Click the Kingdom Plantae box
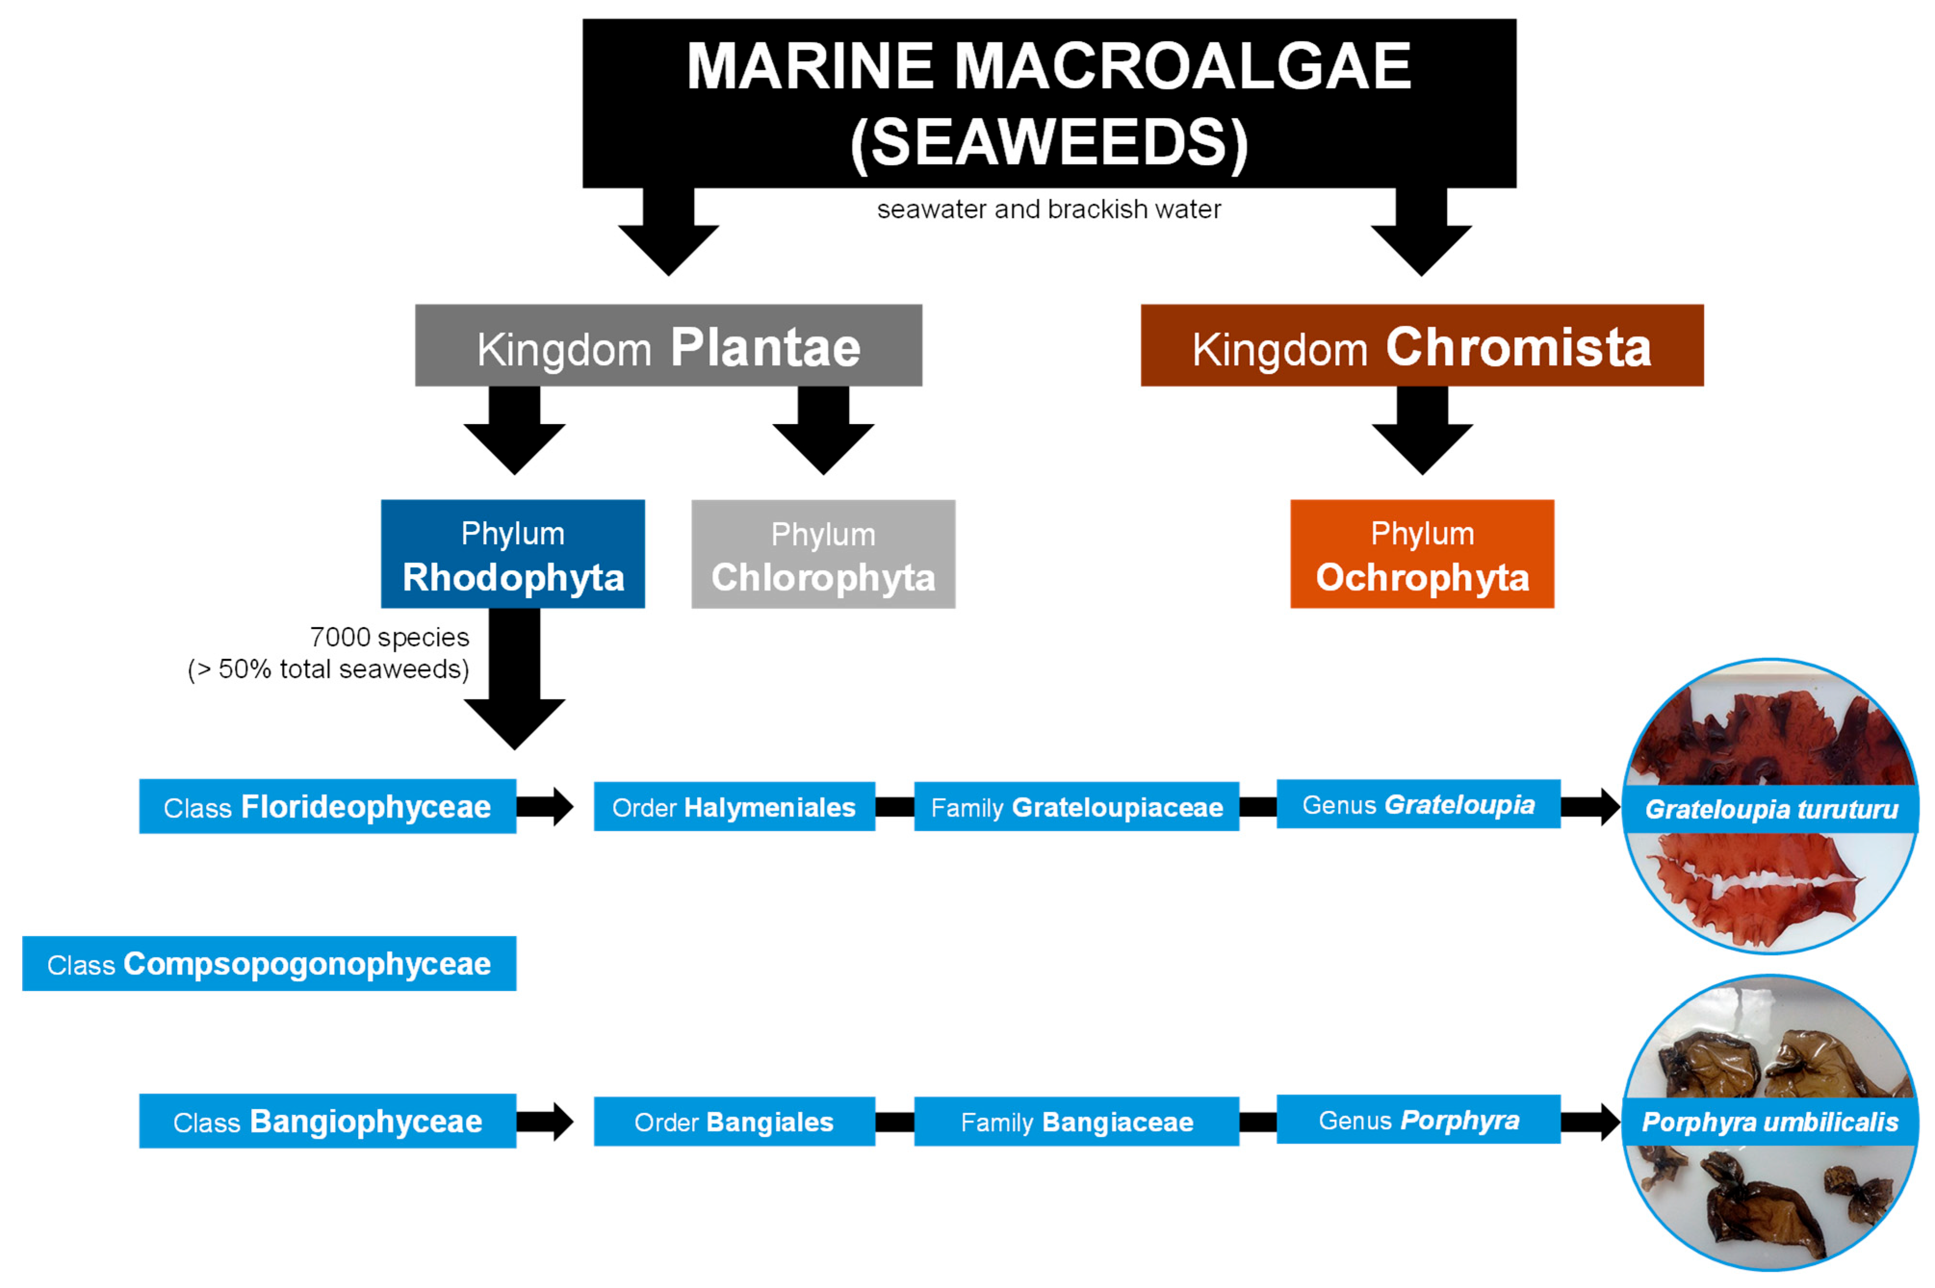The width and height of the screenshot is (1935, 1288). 668,345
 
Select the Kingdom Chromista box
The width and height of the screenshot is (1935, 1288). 1421,345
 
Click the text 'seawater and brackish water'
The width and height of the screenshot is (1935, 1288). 1048,209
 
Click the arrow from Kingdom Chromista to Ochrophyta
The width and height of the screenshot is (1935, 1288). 1421,431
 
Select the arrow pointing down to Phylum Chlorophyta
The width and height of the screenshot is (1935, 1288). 823,431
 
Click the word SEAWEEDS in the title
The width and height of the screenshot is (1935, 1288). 1048,142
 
